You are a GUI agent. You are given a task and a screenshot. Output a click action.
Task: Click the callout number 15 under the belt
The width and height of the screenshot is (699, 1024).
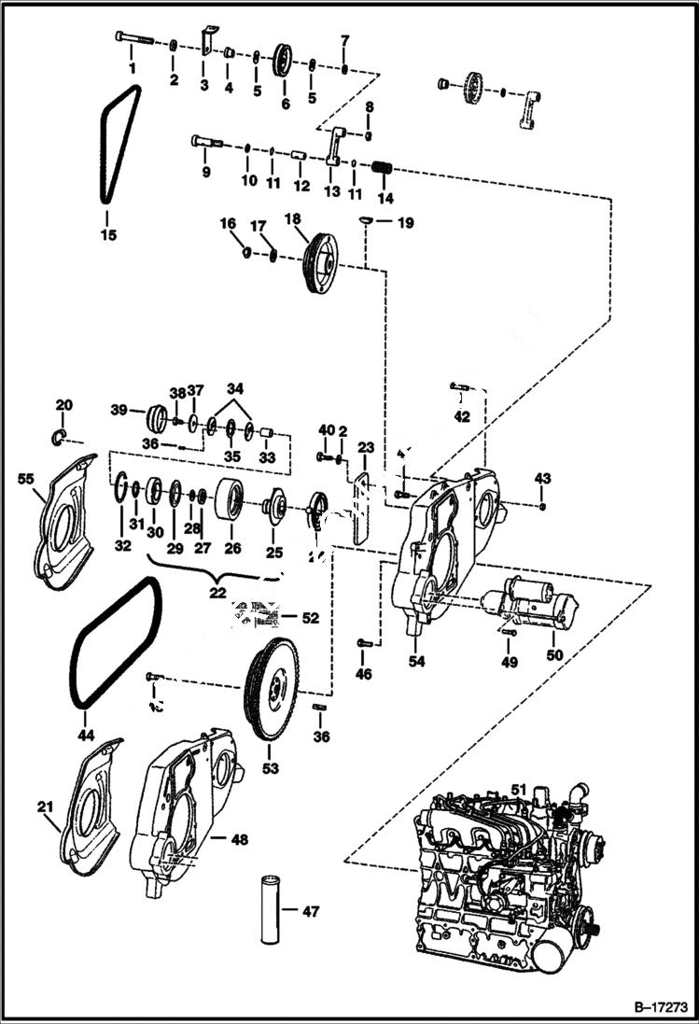click(x=108, y=235)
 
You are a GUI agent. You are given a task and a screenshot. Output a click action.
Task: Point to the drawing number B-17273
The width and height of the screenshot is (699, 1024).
click(x=651, y=1008)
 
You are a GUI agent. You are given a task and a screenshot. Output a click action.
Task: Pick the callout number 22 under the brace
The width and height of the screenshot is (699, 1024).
click(x=217, y=593)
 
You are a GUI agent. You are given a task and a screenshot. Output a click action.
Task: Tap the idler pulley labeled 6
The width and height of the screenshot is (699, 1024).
click(x=284, y=62)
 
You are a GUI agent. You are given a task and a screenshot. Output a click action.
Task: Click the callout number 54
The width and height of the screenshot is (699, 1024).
click(x=416, y=661)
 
